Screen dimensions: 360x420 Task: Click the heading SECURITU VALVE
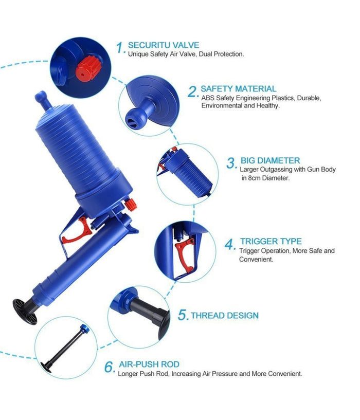(164, 45)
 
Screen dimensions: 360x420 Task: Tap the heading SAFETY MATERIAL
(238, 88)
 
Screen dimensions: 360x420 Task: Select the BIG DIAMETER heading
(270, 160)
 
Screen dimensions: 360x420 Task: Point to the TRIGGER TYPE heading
(271, 241)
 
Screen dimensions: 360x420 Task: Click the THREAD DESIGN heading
(225, 316)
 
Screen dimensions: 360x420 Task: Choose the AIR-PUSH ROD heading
(149, 364)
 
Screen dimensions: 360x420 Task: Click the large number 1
(120, 48)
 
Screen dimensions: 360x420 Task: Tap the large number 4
(230, 244)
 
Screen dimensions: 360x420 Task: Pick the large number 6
(110, 367)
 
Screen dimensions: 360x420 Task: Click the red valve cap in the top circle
(88, 68)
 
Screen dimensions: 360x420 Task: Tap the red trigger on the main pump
(78, 231)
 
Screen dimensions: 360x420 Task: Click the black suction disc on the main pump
(25, 312)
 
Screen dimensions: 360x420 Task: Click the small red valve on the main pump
(130, 205)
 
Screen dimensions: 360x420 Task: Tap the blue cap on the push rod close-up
(85, 328)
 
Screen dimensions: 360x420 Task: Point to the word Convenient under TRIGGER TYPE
(256, 259)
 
